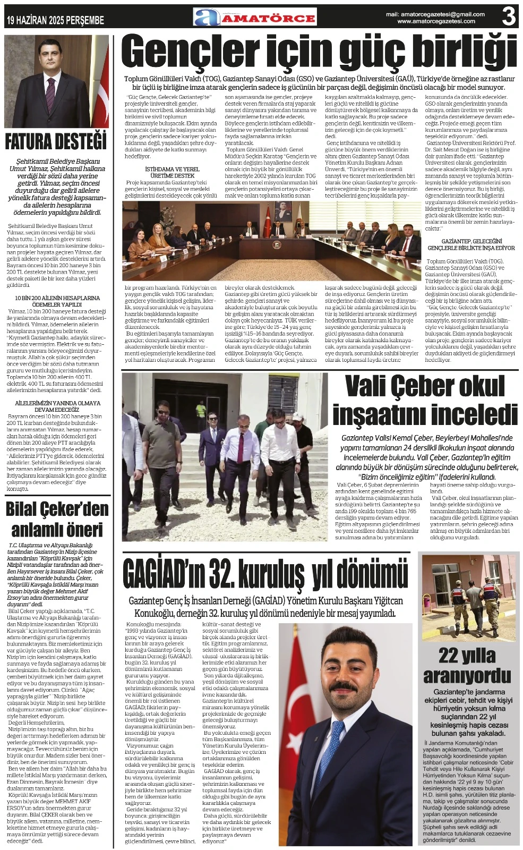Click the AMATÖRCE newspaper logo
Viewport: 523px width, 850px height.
(x=255, y=18)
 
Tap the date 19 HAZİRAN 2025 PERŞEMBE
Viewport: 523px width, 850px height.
(x=55, y=21)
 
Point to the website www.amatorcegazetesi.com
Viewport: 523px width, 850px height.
(x=436, y=21)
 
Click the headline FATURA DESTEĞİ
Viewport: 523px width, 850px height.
(x=56, y=142)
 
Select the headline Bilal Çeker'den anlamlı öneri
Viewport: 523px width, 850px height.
(x=57, y=519)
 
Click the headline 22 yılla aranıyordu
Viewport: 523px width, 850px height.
(x=467, y=666)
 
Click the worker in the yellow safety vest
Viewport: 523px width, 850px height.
(x=200, y=410)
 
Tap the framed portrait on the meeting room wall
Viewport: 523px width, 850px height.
(x=283, y=211)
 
